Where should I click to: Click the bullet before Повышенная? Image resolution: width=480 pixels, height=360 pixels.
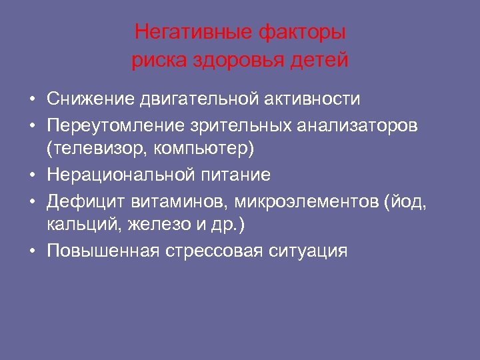tap(32, 251)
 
